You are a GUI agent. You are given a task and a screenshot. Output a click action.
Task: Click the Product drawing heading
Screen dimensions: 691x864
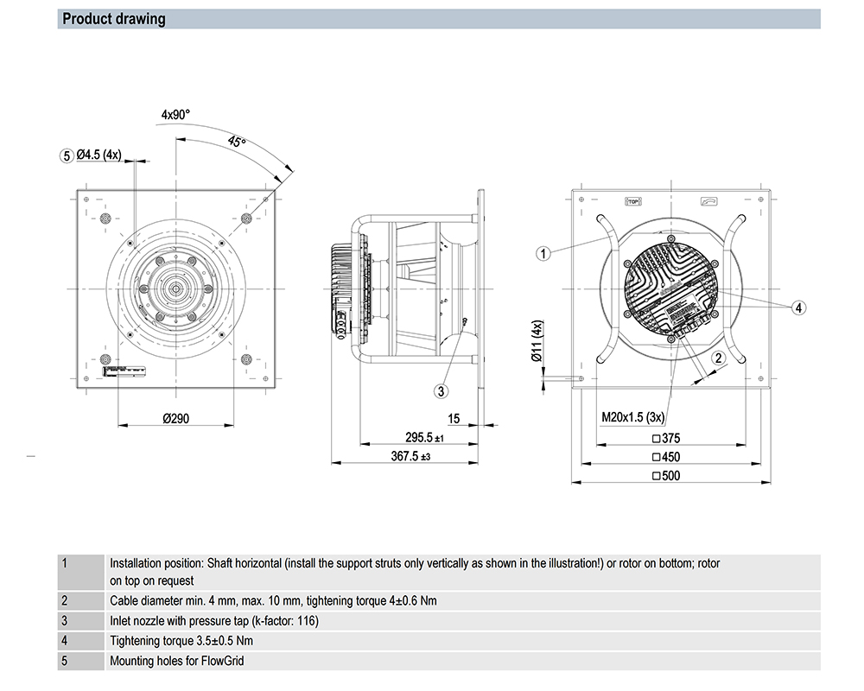pyautogui.click(x=113, y=19)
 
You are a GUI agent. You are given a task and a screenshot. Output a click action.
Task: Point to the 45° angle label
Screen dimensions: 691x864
pyautogui.click(x=237, y=141)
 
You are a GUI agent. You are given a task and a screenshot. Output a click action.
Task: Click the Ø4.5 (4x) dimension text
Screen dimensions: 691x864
pyautogui.click(x=98, y=155)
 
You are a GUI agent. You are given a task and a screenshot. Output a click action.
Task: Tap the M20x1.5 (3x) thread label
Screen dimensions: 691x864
pyautogui.click(x=632, y=418)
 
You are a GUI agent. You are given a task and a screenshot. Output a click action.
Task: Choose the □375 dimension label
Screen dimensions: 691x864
pyautogui.click(x=666, y=439)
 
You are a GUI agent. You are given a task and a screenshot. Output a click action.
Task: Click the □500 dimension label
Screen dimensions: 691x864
pyautogui.click(x=666, y=476)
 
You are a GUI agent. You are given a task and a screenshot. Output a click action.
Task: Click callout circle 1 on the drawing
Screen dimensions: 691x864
pyautogui.click(x=543, y=253)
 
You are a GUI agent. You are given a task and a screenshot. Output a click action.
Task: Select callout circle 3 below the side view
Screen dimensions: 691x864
pyautogui.click(x=442, y=391)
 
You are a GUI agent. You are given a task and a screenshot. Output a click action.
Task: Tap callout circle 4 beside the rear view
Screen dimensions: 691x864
pyautogui.click(x=798, y=307)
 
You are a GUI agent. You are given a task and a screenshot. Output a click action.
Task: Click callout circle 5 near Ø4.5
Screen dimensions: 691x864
pyautogui.click(x=66, y=155)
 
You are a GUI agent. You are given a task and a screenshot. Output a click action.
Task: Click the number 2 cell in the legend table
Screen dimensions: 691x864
pyautogui.click(x=65, y=600)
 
